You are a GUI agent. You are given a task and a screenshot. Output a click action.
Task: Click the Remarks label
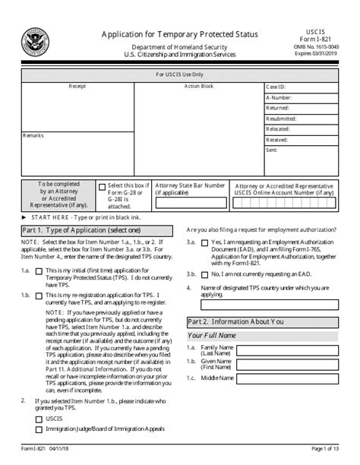click(x=33, y=134)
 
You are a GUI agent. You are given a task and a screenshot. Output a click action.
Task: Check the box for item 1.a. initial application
click(x=39, y=271)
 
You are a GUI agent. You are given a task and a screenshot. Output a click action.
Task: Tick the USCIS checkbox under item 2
click(x=39, y=419)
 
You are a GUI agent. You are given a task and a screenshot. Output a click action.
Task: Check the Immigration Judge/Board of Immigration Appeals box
click(x=39, y=431)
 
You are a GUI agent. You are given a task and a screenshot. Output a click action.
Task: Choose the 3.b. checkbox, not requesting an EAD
click(x=205, y=273)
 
